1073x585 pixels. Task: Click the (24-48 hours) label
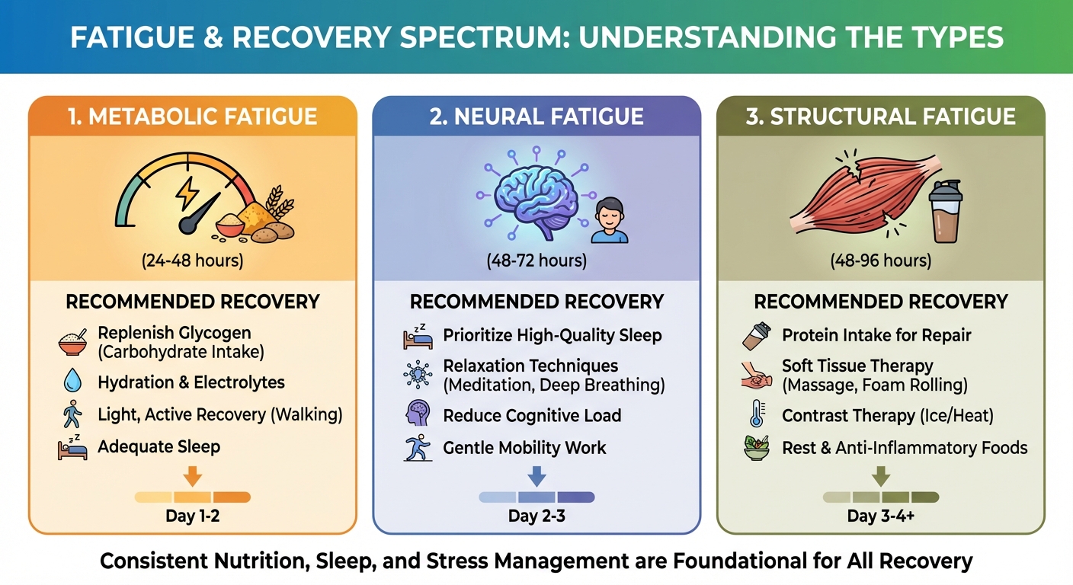[192, 261]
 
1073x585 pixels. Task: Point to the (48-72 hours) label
[536, 261]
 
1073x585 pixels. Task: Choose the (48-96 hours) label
[881, 261]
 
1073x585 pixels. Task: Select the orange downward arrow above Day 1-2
[193, 476]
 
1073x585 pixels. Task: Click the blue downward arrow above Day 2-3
[536, 476]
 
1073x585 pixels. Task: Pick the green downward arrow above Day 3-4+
[881, 476]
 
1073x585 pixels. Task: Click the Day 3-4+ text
[881, 516]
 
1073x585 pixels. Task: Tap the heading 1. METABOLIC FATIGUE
[192, 117]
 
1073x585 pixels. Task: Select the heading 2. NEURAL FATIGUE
[536, 117]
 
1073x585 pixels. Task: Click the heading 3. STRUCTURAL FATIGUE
[881, 117]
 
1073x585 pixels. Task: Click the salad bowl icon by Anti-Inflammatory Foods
[758, 448]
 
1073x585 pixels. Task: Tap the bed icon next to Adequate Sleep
[72, 448]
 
